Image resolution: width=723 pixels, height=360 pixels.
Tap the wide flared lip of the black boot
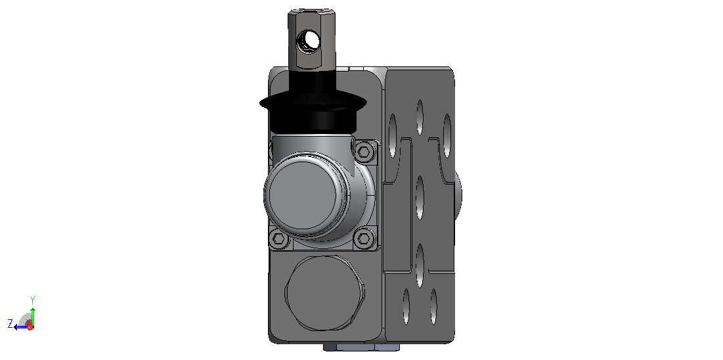point(313,103)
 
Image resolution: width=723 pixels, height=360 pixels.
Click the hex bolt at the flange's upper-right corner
point(364,151)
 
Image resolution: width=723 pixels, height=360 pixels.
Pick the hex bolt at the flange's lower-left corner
point(279,238)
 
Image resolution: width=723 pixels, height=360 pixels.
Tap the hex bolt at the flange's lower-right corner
point(364,238)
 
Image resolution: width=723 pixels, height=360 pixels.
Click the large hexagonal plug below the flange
point(324,293)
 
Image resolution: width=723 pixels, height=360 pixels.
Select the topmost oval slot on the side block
point(420,117)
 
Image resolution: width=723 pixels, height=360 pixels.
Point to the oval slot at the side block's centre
point(420,198)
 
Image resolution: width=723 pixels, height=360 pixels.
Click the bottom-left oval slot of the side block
point(406,306)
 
